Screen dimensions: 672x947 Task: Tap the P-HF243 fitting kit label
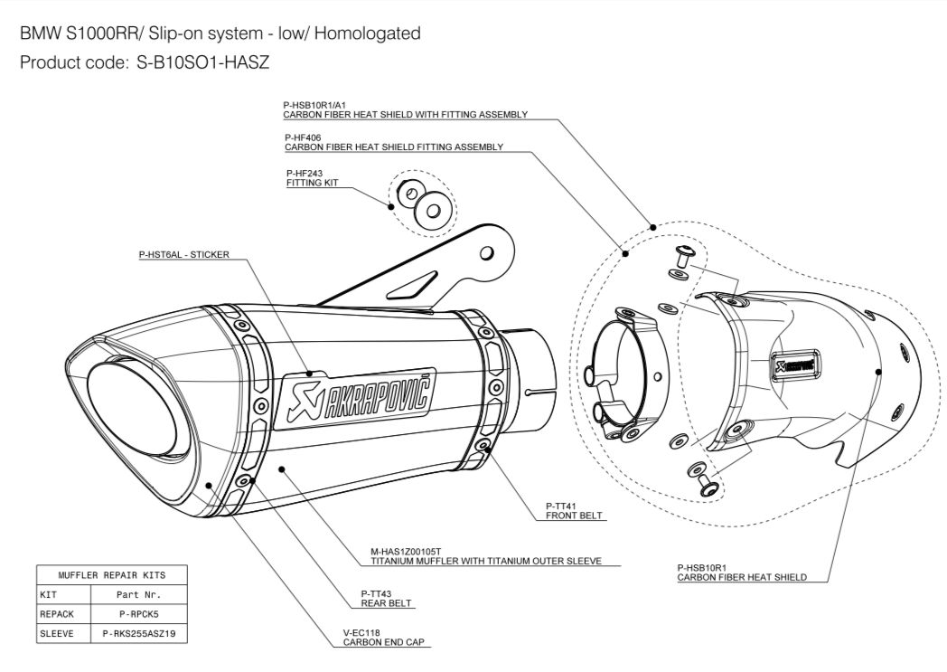pyautogui.click(x=310, y=178)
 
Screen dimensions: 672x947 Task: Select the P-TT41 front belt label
pyautogui.click(x=574, y=511)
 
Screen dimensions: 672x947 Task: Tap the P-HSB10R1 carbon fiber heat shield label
pyautogui.click(x=741, y=573)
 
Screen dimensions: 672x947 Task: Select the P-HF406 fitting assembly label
pyautogui.click(x=393, y=142)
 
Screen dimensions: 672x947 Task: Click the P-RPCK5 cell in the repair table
pyautogui.click(x=140, y=614)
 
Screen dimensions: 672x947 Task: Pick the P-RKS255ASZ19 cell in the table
pyautogui.click(x=140, y=635)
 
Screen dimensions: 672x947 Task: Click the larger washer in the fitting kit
pyautogui.click(x=431, y=209)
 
